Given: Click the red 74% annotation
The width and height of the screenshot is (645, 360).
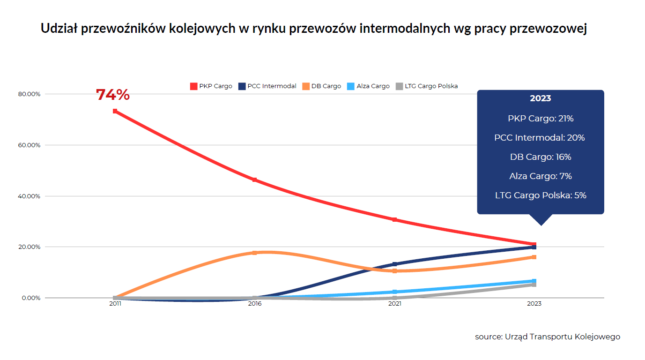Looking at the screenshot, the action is [113, 95].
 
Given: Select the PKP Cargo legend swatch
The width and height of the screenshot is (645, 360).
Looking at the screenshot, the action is [194, 86].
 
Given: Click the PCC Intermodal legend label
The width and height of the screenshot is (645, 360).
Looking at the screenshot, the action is [272, 86].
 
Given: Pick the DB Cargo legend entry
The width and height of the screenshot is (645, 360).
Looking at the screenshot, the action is [322, 86].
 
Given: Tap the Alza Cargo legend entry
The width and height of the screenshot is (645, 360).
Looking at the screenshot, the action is [368, 86].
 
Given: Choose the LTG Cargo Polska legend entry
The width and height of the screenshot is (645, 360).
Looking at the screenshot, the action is [427, 86].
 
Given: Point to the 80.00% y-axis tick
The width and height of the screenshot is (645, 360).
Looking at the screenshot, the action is [29, 94].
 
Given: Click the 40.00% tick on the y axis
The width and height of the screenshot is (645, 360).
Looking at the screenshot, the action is [29, 196].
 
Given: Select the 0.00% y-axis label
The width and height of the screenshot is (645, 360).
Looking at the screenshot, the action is [31, 298].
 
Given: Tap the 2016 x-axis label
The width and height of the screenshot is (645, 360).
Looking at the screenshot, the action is [255, 303].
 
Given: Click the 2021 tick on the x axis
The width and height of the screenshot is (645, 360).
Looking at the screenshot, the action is [394, 303].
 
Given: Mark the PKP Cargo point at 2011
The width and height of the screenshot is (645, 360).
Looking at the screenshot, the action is [115, 111].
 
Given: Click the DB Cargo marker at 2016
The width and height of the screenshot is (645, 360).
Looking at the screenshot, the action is [254, 253].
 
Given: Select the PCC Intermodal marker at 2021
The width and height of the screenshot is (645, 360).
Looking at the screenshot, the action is [394, 264].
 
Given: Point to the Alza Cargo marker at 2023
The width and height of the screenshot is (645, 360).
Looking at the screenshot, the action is [534, 281].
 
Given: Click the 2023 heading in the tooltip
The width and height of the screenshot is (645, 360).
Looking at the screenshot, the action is [541, 98].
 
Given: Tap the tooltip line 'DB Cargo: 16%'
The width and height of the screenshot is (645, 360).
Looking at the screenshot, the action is [541, 157].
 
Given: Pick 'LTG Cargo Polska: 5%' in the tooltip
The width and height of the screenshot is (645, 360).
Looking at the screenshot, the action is [541, 195].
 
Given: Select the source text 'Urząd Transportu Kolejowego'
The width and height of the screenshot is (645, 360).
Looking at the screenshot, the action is [563, 337].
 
